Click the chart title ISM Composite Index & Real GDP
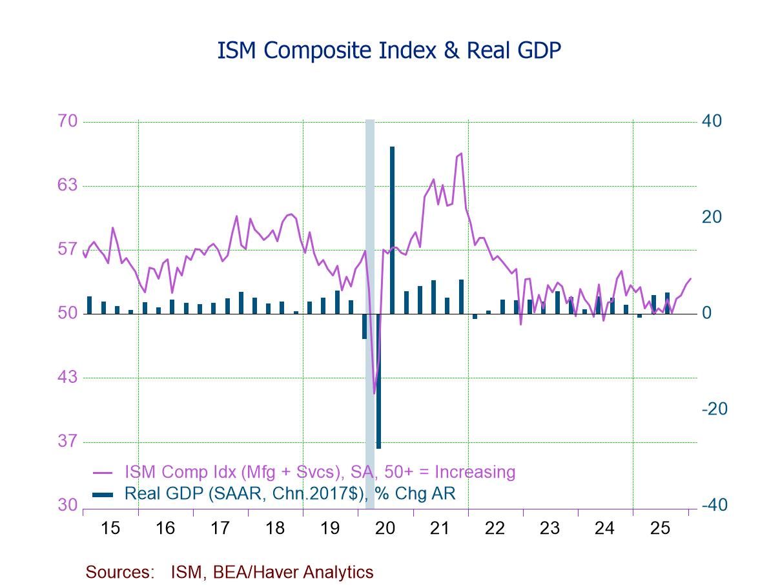(x=389, y=51)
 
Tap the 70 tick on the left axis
(x=68, y=121)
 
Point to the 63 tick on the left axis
(x=68, y=185)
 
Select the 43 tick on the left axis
(x=68, y=377)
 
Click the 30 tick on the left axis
(x=68, y=505)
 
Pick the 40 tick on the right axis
(x=712, y=121)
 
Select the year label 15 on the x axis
(x=110, y=528)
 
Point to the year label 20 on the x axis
(x=385, y=528)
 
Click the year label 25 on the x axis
(x=660, y=528)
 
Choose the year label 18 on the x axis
(x=275, y=528)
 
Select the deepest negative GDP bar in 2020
(x=378, y=381)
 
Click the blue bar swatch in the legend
(x=103, y=495)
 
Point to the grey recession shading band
(x=370, y=194)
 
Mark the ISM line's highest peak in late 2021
(x=461, y=154)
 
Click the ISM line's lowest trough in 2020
(x=374, y=393)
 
